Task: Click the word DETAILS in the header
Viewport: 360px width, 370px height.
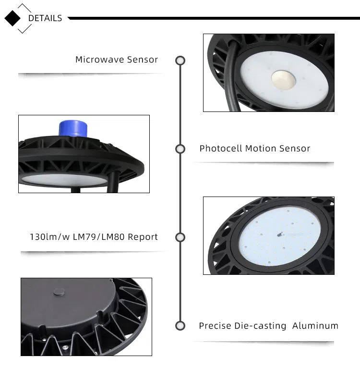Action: tap(45, 18)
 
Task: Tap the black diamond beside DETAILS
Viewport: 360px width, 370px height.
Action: tap(12, 18)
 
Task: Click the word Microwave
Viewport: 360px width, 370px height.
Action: tap(100, 60)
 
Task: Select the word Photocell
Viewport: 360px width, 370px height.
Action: tap(221, 148)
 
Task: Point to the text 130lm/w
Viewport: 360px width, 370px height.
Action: tap(49, 237)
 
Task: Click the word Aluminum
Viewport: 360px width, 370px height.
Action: tap(315, 326)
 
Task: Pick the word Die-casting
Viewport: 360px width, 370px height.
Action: tap(260, 326)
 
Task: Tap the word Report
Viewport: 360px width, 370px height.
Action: tap(143, 237)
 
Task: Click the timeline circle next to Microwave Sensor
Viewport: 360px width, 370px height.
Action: tap(180, 61)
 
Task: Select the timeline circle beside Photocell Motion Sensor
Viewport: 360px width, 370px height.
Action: tap(180, 149)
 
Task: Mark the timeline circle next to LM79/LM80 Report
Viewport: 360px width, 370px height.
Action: tap(180, 237)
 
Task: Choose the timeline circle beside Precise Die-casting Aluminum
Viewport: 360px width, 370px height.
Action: tap(180, 326)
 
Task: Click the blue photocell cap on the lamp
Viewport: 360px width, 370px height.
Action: tap(73, 128)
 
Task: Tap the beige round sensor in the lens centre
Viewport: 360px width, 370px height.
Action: tap(283, 80)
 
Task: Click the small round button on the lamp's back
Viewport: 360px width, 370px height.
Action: tap(59, 292)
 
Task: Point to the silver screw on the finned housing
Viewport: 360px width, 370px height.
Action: tap(65, 347)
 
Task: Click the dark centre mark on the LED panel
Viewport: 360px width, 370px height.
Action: tap(280, 234)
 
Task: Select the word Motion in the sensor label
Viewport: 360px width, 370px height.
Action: tap(261, 148)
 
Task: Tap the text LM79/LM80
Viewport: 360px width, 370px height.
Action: tap(98, 237)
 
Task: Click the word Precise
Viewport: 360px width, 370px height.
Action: tap(215, 326)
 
